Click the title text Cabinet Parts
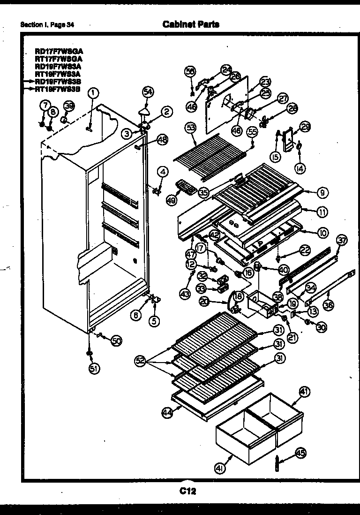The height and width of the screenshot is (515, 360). coord(190,24)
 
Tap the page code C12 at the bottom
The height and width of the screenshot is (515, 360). coord(187,491)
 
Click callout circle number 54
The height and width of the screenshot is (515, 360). coord(148,92)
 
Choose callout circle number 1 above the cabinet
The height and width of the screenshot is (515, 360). coord(93,93)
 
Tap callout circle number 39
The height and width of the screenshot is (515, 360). coord(69,106)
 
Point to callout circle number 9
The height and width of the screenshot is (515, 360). coord(323,192)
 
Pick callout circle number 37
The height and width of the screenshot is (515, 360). coord(342,241)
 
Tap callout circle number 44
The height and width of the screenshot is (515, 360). coord(166,412)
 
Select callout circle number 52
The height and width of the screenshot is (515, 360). coord(140,361)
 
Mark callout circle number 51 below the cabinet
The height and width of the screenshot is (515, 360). coord(94,368)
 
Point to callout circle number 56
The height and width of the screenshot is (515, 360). coord(190,71)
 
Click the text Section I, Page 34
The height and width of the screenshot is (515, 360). coord(47,24)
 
